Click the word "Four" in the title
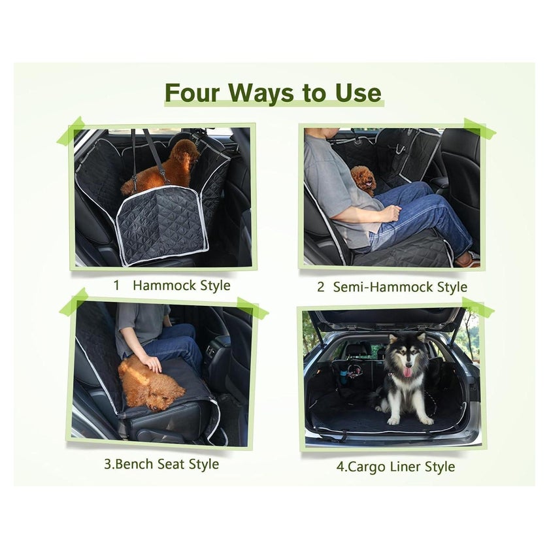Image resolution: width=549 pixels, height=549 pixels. [192, 92]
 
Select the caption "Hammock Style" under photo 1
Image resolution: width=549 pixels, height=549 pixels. [182, 286]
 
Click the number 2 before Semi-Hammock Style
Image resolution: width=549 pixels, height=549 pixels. [321, 287]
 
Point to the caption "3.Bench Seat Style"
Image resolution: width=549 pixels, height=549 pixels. [161, 464]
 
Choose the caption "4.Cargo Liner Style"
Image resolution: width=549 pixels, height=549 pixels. [395, 467]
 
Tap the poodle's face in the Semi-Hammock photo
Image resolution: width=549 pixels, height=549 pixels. [364, 180]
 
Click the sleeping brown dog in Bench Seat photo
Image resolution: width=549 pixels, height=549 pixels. [150, 383]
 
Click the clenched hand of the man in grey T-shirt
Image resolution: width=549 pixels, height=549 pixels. [392, 212]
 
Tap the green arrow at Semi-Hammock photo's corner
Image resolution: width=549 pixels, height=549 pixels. [480, 127]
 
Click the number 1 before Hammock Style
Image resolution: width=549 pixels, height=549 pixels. [116, 285]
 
